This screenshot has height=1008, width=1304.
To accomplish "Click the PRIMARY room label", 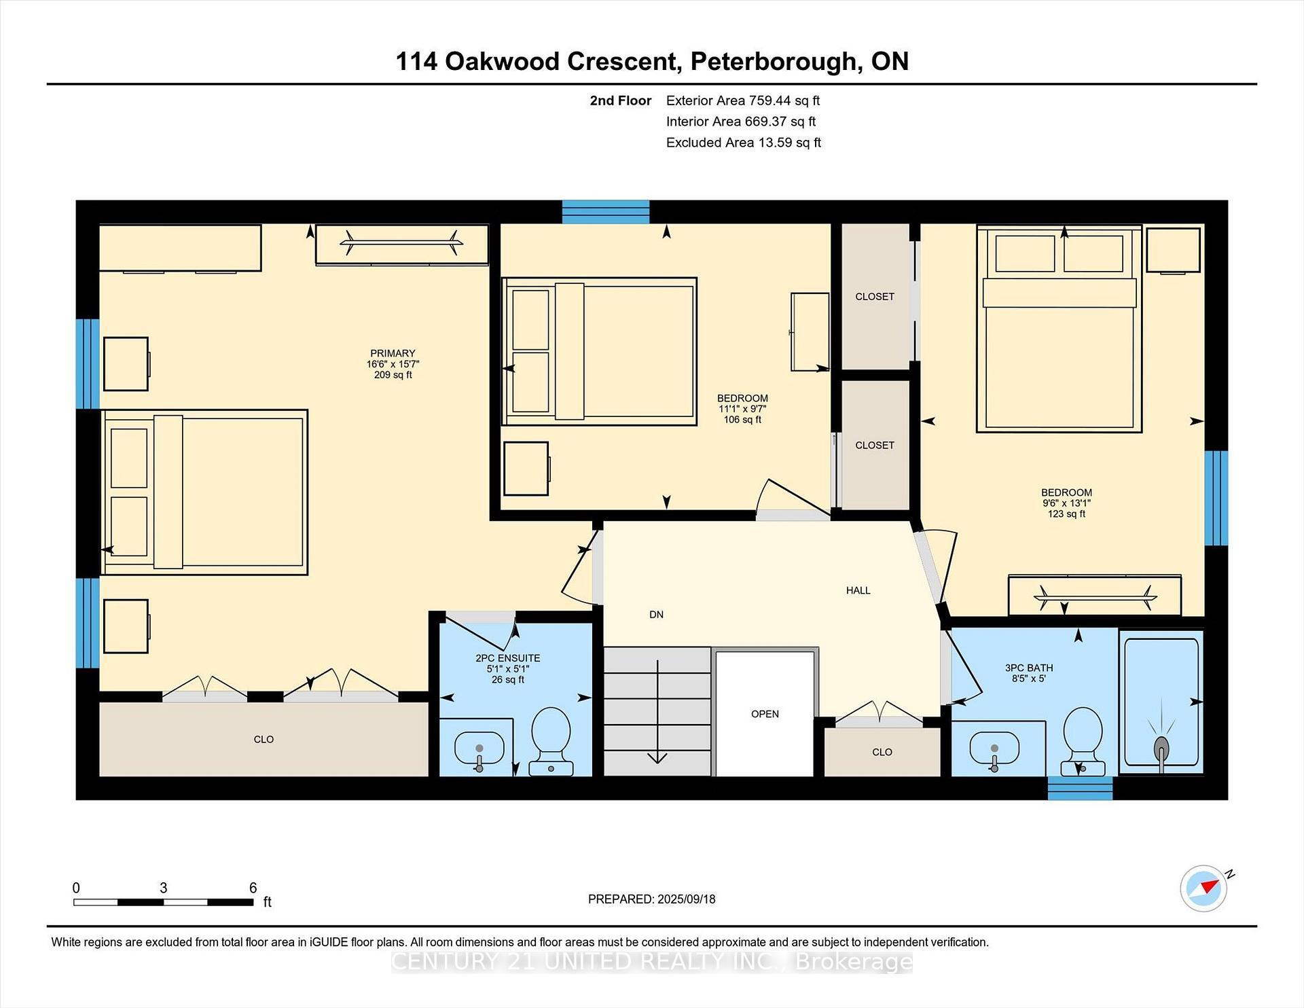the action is click(393, 353).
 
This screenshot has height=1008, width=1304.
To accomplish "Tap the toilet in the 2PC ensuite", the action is click(551, 741).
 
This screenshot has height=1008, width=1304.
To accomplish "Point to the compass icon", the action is click(1204, 888).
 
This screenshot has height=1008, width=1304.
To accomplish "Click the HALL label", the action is click(858, 590).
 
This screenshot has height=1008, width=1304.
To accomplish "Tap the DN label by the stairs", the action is click(656, 615).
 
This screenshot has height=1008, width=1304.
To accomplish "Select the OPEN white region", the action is click(765, 713).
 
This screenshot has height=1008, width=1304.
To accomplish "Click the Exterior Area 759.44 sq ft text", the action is click(743, 101).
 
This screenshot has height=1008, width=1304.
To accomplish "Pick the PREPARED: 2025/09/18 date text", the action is click(651, 899).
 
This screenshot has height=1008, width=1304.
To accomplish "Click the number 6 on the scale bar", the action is click(253, 887).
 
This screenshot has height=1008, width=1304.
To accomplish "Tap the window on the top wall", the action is click(606, 212).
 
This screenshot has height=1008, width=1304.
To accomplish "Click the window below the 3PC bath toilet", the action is click(1080, 788).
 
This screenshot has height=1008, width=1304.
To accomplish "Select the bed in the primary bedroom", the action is click(204, 492).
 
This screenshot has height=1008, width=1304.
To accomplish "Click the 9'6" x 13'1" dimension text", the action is click(1066, 503).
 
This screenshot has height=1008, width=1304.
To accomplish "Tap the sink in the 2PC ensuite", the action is click(479, 750).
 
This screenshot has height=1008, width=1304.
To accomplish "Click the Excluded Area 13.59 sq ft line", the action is click(744, 143).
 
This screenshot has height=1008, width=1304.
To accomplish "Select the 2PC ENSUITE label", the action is click(508, 658).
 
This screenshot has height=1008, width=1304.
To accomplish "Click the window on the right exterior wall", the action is click(1216, 499).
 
